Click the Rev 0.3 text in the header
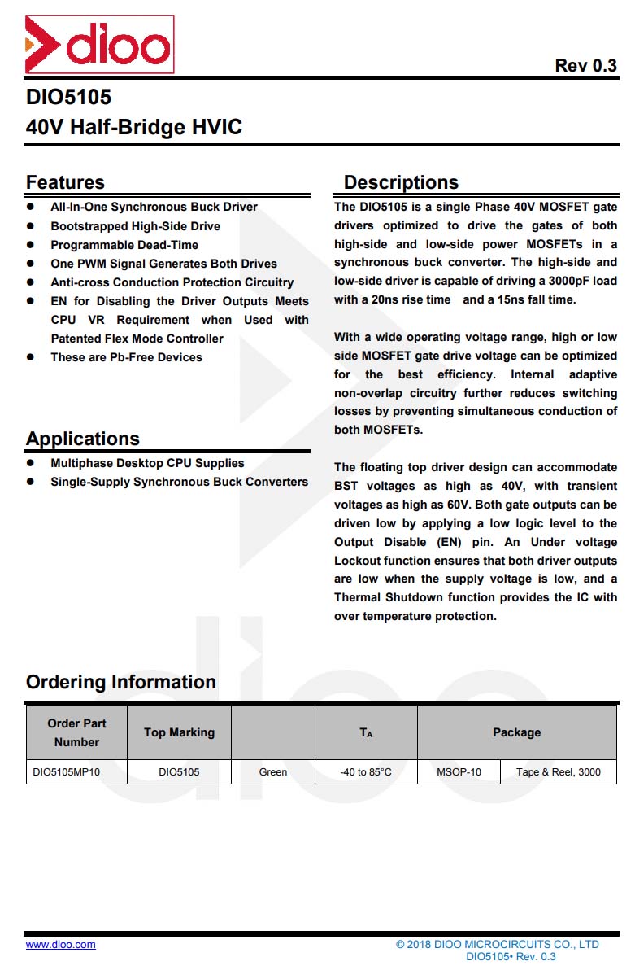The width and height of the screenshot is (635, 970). [585, 66]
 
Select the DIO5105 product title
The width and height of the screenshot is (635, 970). [68, 98]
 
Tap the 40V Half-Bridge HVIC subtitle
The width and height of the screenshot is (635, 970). [134, 128]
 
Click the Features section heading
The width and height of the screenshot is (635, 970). [65, 182]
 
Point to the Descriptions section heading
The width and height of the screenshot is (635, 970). [401, 182]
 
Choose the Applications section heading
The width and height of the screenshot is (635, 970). [83, 439]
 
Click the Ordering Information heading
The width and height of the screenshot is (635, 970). [121, 682]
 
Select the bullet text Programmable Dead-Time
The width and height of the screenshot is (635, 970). [124, 245]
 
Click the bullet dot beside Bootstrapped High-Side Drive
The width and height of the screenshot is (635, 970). [31, 226]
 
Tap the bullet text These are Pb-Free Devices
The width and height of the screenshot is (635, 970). [126, 357]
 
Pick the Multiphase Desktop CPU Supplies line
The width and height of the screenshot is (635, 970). [147, 463]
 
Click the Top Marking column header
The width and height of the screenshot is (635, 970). [179, 732]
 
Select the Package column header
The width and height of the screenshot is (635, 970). [516, 732]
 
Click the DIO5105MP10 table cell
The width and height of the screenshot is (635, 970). [67, 771]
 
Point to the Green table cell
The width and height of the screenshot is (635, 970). [273, 771]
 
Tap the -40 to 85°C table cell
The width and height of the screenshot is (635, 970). [366, 771]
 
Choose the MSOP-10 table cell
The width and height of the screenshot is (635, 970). [459, 771]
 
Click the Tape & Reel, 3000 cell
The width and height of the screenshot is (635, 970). [559, 771]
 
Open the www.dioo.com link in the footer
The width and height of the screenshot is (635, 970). [61, 945]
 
